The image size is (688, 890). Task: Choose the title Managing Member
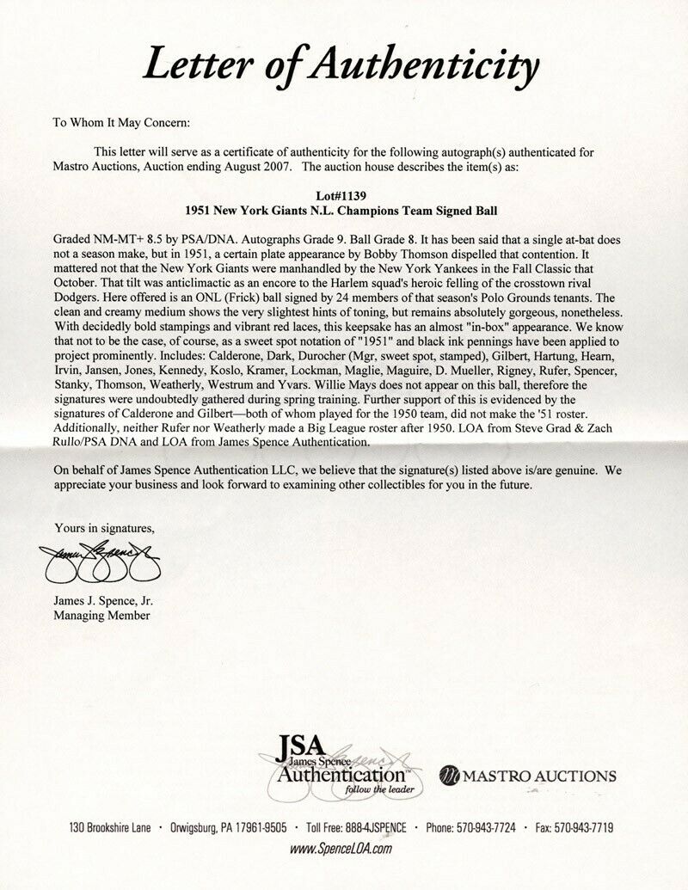[100, 616]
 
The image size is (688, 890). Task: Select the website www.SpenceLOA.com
[343, 849]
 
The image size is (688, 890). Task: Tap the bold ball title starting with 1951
[343, 210]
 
